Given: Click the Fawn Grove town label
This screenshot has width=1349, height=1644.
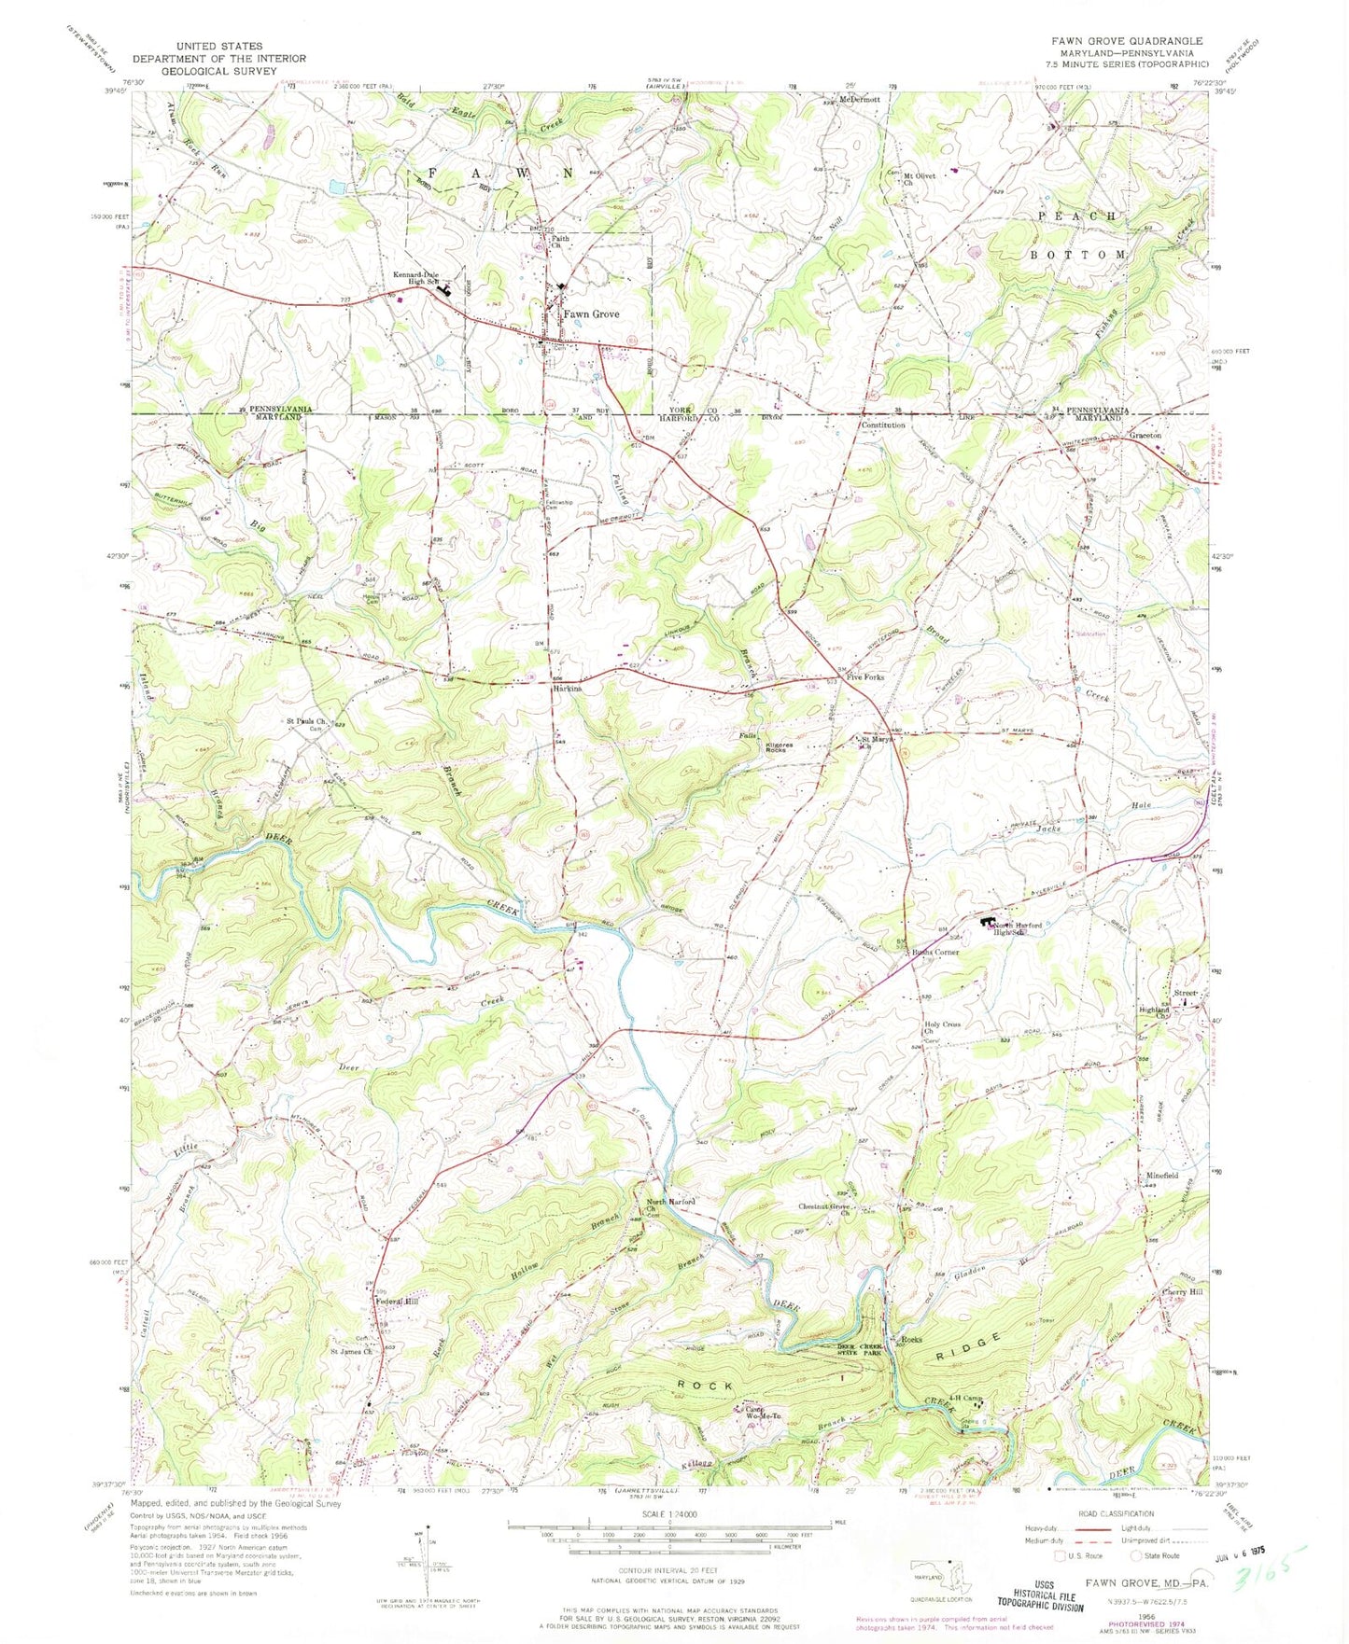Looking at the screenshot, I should pos(590,314).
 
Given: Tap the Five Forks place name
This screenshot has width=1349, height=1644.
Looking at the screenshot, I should pos(865,677).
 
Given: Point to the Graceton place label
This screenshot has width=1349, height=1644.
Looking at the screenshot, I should pos(1145,436).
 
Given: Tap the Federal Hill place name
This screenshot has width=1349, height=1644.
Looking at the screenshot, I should pos(397,1301).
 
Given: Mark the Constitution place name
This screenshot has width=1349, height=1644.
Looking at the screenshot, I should pos(882,425).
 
